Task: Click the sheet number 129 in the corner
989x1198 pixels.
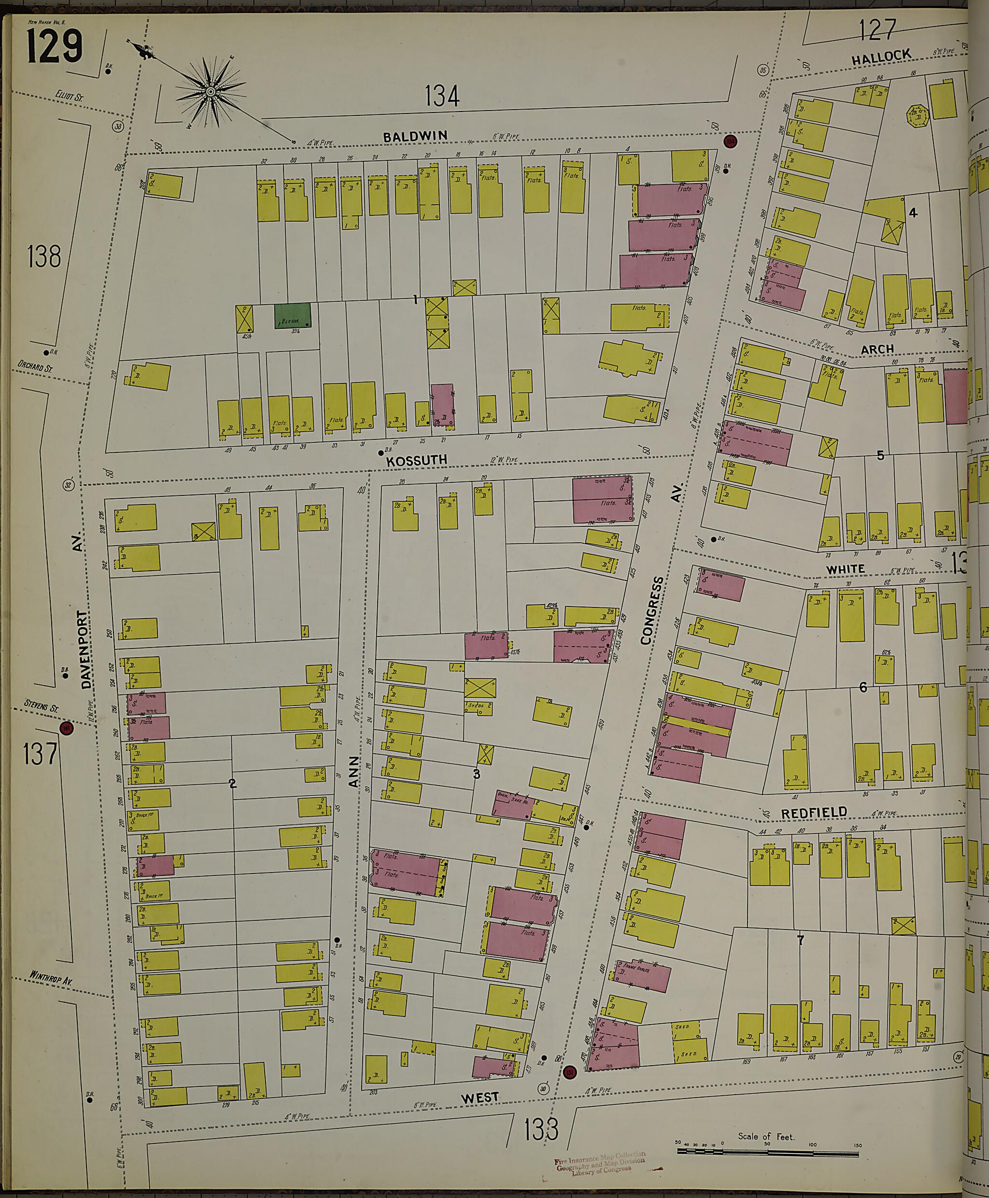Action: (55, 47)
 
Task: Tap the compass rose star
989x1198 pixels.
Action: (210, 91)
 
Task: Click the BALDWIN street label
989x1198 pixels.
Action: (415, 136)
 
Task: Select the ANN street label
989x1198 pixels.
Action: (354, 772)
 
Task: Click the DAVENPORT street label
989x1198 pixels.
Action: (85, 649)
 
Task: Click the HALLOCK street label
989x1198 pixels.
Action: (881, 57)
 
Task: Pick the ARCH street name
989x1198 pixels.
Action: (877, 349)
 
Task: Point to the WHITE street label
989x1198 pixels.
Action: (846, 569)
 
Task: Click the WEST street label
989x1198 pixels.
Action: (479, 1097)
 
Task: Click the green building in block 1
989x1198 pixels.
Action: (293, 315)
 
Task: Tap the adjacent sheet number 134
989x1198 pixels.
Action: (442, 96)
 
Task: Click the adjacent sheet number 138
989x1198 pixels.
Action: (44, 256)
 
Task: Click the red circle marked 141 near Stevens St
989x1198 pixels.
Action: (67, 728)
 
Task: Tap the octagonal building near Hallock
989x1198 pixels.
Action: (917, 115)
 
